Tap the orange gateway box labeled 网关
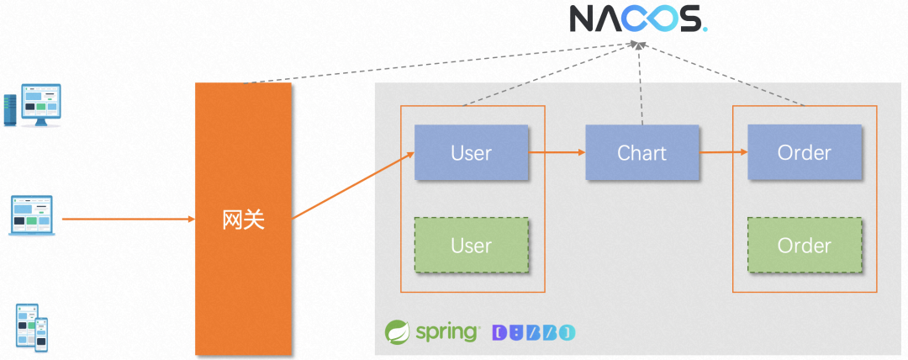click(x=243, y=219)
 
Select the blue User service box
click(x=471, y=153)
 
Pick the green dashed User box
click(x=471, y=246)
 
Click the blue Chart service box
click(x=641, y=153)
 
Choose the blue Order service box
click(x=805, y=153)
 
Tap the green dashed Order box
click(x=805, y=246)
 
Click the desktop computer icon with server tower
click(x=32, y=104)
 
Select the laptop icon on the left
click(x=32, y=215)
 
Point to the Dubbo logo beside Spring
click(x=534, y=333)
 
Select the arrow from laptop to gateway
click(x=126, y=220)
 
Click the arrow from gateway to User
click(x=353, y=186)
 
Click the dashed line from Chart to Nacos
click(x=641, y=84)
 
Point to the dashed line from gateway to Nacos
click(x=437, y=63)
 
